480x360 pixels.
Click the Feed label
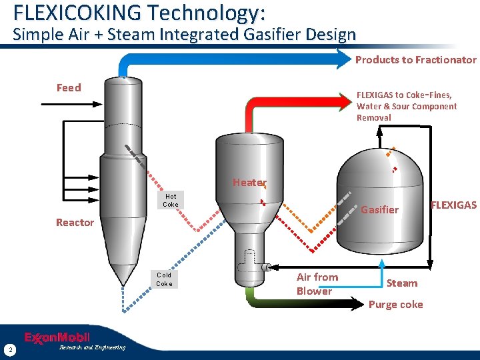click(x=69, y=87)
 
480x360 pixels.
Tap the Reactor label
click(x=75, y=222)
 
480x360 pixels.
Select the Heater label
click(x=249, y=183)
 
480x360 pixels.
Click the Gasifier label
click(x=379, y=210)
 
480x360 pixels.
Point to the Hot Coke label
click(x=171, y=200)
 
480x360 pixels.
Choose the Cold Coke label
click(x=164, y=279)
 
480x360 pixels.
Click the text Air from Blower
click(x=317, y=284)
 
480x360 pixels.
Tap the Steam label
click(x=402, y=283)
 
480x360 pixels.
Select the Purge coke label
click(x=395, y=305)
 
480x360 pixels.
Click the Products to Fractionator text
click(x=415, y=59)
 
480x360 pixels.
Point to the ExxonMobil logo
click(x=57, y=337)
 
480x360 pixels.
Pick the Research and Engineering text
click(x=91, y=347)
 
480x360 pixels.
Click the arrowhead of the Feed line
click(x=98, y=105)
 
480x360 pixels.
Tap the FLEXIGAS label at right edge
click(x=453, y=205)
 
